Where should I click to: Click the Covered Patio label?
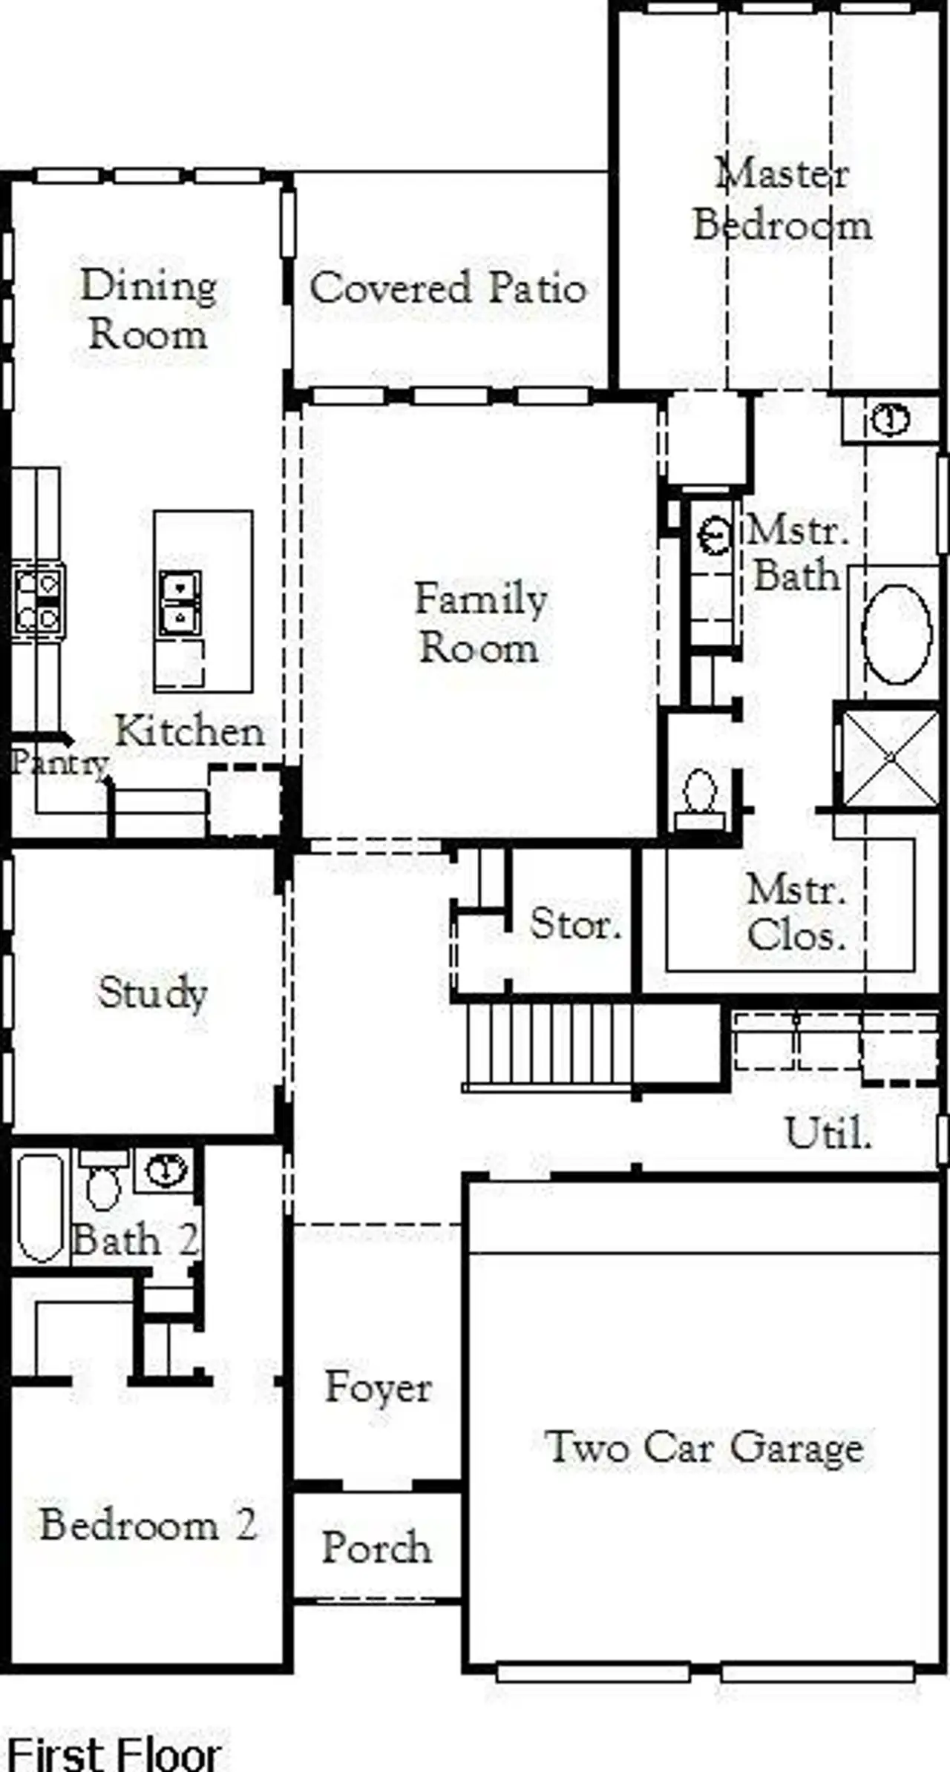click(x=448, y=288)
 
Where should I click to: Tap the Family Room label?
click(x=480, y=623)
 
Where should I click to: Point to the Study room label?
click(x=152, y=992)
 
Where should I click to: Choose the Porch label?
click(x=376, y=1547)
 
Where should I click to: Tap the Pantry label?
click(x=59, y=763)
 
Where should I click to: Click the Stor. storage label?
click(x=575, y=924)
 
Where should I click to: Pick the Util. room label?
click(x=828, y=1133)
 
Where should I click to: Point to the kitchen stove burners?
click(x=38, y=601)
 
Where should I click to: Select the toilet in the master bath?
click(x=698, y=798)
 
